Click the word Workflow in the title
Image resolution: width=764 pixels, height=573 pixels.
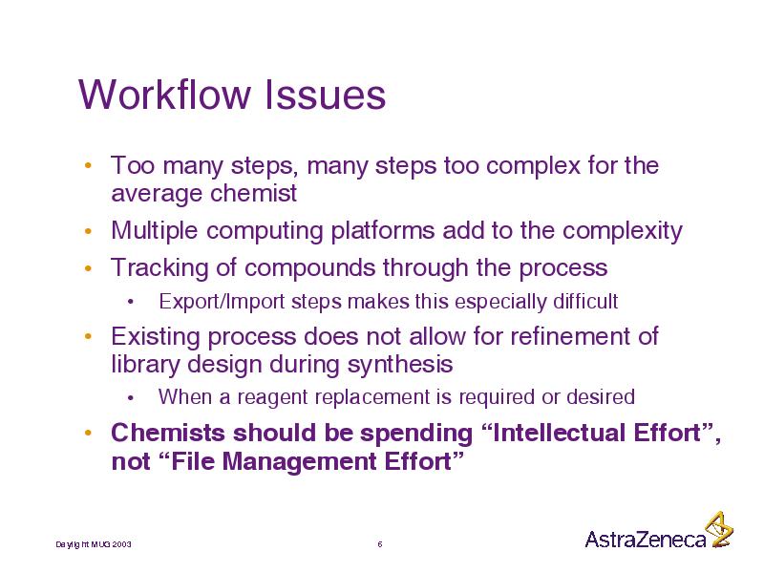click(x=163, y=94)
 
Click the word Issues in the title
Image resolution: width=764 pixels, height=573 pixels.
click(x=325, y=94)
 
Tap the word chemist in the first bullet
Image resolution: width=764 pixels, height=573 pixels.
click(x=253, y=193)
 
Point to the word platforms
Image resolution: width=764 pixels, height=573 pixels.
click(x=383, y=231)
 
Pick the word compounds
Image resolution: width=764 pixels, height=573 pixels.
click(x=309, y=268)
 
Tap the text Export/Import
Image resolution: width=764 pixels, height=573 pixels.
click(x=222, y=302)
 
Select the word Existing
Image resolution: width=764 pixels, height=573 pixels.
click(x=156, y=337)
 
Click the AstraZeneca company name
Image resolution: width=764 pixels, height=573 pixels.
click(x=646, y=539)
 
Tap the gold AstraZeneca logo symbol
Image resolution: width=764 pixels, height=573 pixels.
click(x=720, y=529)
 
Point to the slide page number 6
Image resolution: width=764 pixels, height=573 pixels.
click(x=380, y=543)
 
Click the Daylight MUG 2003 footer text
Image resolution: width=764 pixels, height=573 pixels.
click(x=94, y=544)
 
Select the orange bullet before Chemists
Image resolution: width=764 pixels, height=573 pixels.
click(x=88, y=433)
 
